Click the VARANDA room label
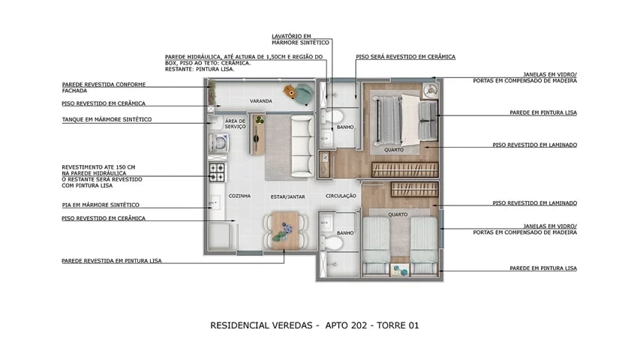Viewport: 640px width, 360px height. pos(260,100)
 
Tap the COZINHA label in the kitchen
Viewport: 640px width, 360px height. pos(239,196)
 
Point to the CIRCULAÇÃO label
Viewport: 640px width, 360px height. pos(340,196)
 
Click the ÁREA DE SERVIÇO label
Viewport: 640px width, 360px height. pos(236,124)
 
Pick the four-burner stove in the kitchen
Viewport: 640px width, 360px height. pos(217,173)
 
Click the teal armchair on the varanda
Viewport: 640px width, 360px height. pos(302,93)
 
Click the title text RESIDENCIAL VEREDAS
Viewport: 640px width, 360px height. pos(262,325)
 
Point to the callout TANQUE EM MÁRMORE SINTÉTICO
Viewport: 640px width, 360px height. pos(107,119)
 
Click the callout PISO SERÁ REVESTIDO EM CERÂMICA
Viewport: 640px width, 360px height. pos(405,56)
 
